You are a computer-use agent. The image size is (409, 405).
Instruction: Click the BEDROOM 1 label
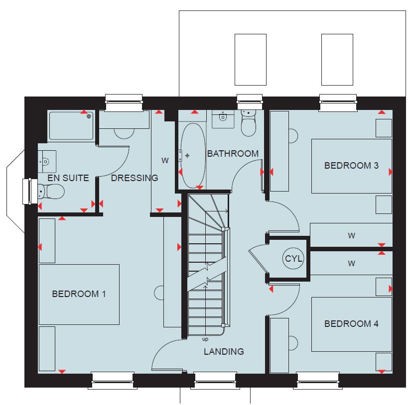tap(79, 294)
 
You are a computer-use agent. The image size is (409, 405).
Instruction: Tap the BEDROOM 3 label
tap(351, 165)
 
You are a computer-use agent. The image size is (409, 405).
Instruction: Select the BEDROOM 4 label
tap(351, 324)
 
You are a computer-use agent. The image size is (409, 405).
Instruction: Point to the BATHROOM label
tap(233, 154)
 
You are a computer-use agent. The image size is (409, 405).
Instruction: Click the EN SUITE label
tap(68, 178)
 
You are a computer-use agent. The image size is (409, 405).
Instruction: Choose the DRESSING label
tap(135, 178)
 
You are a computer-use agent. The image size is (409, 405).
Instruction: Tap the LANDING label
tap(224, 352)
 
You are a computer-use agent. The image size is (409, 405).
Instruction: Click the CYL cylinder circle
tap(293, 259)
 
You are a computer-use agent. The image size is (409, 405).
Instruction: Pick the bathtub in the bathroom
tap(193, 156)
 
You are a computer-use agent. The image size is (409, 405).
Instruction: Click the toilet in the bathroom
tap(249, 123)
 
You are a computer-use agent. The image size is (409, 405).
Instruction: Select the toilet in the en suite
tap(51, 192)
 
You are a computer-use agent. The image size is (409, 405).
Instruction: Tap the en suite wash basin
tap(47, 162)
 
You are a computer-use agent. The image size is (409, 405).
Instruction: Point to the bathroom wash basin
tap(223, 119)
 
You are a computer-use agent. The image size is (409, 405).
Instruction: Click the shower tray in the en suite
tap(71, 126)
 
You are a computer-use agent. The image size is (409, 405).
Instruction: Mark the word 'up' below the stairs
tap(205, 339)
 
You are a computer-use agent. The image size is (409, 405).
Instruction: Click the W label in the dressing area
tap(165, 160)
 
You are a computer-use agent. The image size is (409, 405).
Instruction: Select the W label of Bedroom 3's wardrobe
tap(351, 235)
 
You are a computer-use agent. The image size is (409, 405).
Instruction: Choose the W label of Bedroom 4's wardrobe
tap(351, 263)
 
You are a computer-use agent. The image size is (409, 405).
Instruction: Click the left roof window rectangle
tap(251, 60)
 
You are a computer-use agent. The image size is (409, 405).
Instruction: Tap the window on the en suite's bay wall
tap(27, 191)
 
